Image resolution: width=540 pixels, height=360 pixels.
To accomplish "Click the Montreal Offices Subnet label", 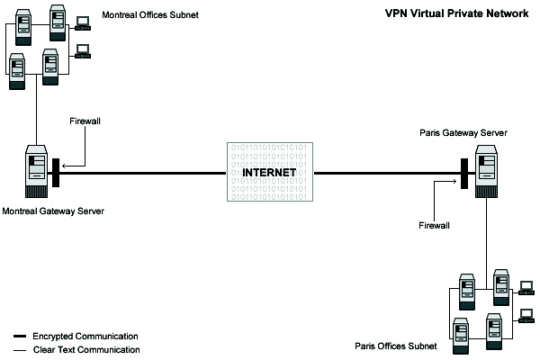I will tap(150, 16).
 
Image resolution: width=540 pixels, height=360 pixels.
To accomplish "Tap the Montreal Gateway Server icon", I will tap(36, 171).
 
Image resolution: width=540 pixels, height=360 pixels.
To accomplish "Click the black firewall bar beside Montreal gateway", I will tap(56, 173).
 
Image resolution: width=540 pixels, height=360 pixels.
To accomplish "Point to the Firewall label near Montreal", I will tap(85, 120).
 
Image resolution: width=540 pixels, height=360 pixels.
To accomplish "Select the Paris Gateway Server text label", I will tap(463, 132).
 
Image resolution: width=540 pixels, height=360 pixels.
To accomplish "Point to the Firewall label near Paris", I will tap(434, 227).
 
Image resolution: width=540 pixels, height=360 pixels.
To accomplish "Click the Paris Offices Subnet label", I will tap(395, 346).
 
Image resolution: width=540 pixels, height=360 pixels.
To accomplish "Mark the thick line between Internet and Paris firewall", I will tap(387, 173).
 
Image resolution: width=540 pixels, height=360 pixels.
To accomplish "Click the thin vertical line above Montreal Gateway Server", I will tap(36, 117).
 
